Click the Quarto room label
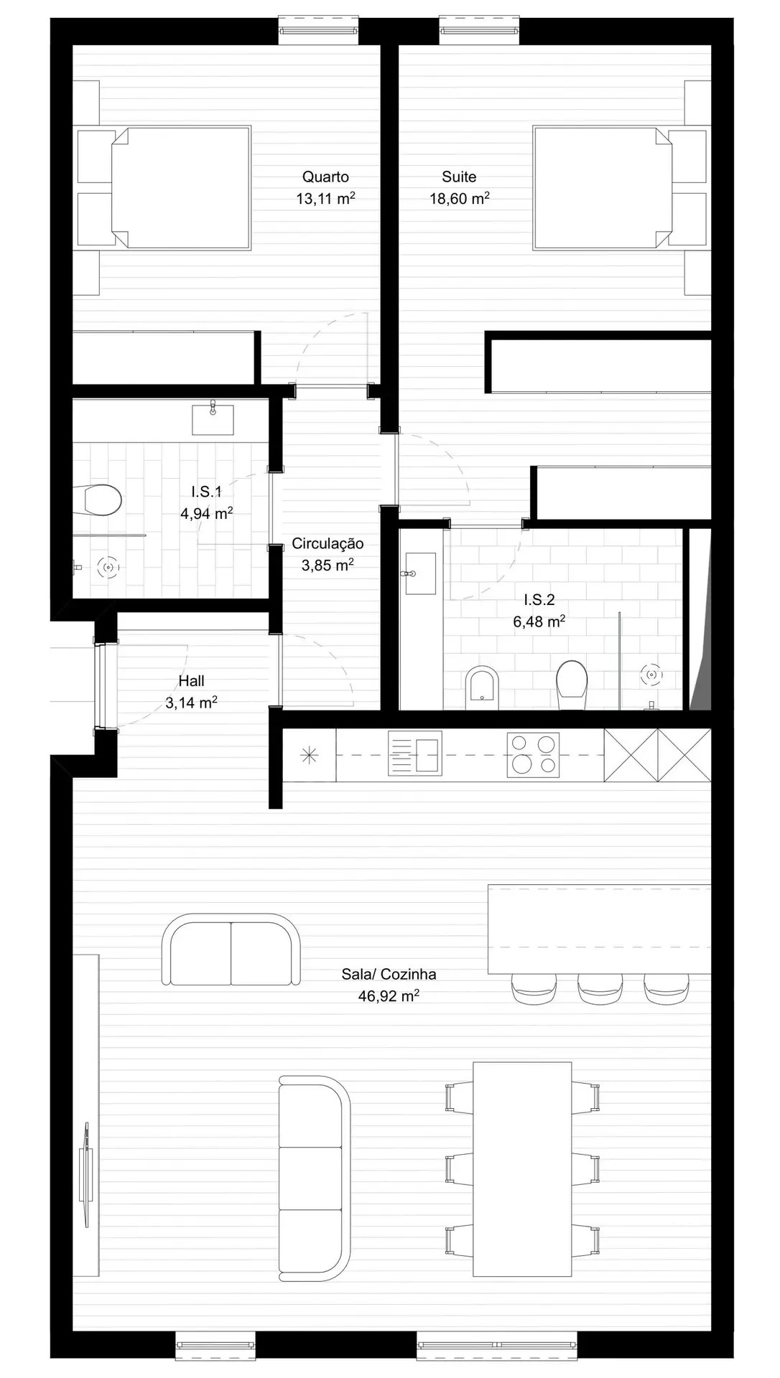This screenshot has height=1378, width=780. click(325, 177)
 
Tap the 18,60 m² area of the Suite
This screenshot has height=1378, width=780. click(459, 199)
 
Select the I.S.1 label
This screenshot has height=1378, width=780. click(206, 492)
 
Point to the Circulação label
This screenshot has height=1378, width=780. click(328, 544)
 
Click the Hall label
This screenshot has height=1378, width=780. click(192, 681)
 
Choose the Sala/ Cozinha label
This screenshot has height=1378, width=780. click(389, 974)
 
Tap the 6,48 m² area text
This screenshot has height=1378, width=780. click(539, 622)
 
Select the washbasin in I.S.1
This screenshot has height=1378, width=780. click(213, 419)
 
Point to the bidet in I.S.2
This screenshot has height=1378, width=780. click(482, 687)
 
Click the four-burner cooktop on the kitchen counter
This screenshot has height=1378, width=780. click(533, 754)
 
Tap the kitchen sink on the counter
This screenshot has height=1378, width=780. click(414, 754)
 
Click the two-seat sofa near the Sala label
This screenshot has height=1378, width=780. click(231, 950)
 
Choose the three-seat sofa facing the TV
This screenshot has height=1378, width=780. click(314, 1178)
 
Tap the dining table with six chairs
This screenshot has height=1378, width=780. click(522, 1169)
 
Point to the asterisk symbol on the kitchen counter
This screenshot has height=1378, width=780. click(309, 754)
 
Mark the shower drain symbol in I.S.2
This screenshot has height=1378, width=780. click(651, 675)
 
